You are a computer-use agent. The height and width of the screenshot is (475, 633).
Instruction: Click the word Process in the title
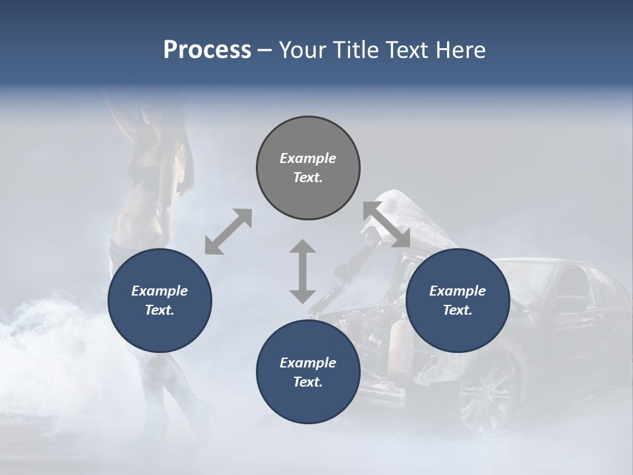(207, 49)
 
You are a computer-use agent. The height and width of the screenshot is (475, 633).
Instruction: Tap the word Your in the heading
(302, 49)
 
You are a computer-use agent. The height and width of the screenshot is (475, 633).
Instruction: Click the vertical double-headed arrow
(303, 271)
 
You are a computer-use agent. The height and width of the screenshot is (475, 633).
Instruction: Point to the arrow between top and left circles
(228, 232)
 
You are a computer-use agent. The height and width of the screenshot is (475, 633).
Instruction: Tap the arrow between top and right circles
(387, 224)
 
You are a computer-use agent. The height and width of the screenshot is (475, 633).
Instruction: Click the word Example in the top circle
(308, 158)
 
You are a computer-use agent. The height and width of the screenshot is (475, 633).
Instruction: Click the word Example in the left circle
(160, 291)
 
